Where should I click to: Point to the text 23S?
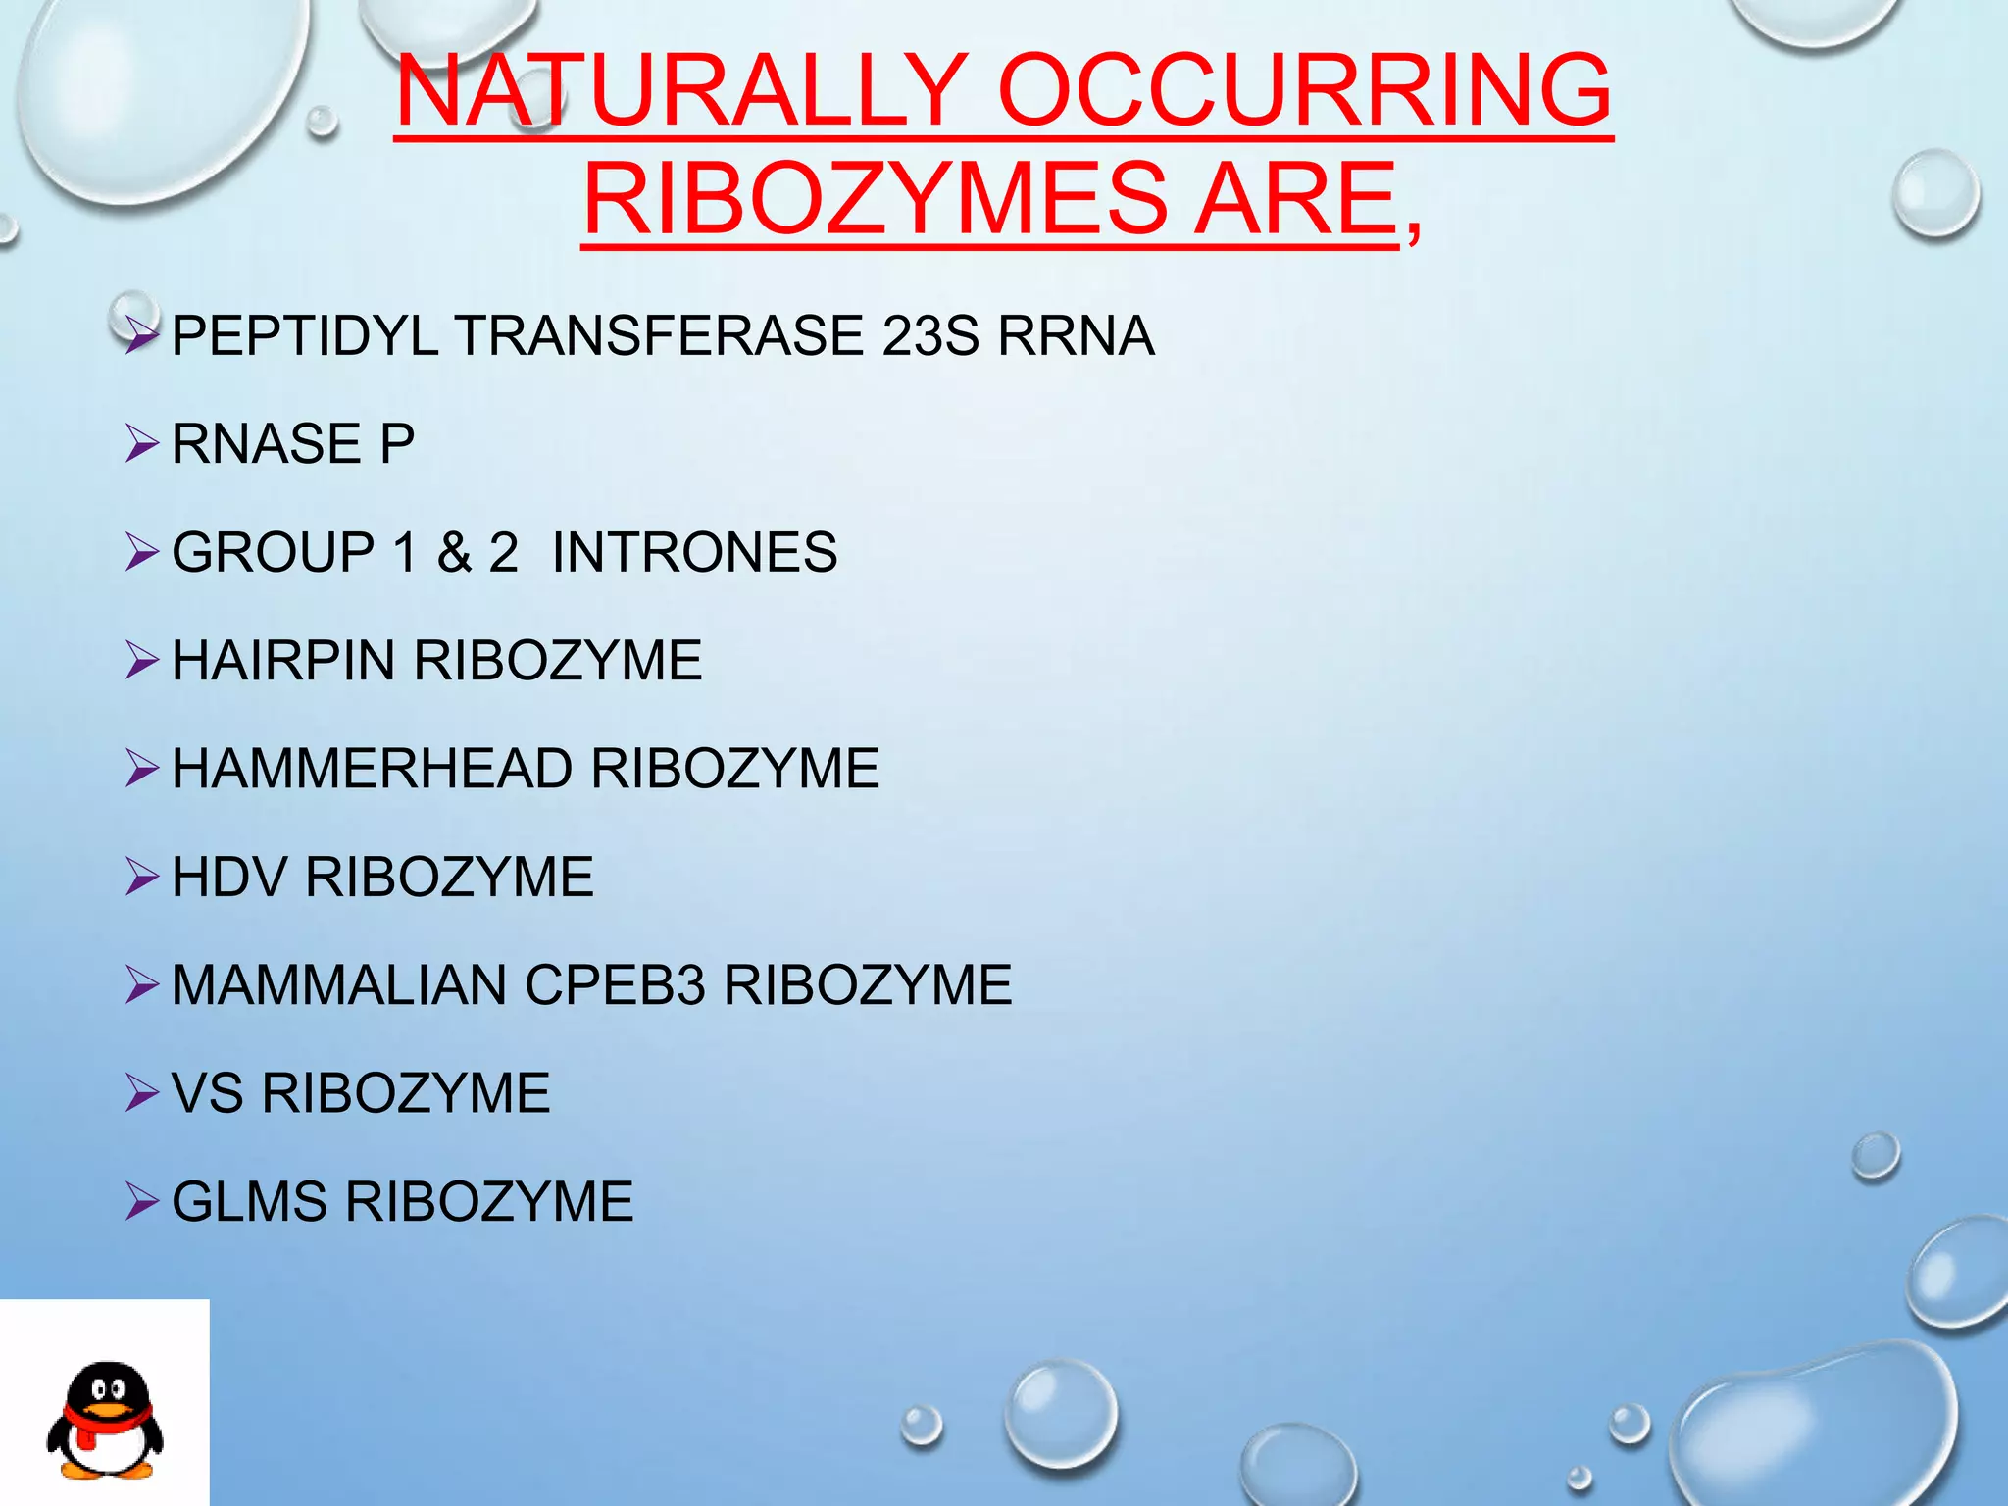929,336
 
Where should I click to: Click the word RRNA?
1076,336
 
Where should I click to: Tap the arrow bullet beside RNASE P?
142,444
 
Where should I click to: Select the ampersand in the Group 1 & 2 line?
454,552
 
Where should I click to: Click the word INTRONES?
694,552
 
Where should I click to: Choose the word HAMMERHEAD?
372,768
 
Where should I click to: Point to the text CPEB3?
615,984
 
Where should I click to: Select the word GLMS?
249,1201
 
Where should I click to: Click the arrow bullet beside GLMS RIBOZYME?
142,1202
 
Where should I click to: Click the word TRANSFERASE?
659,336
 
